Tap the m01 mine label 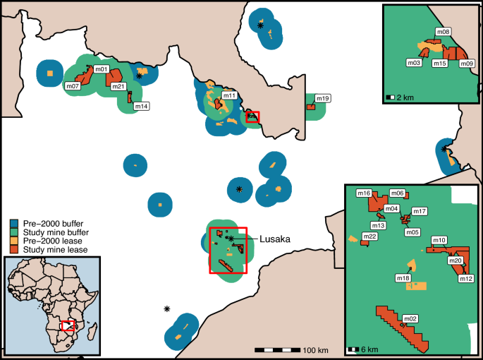point(102,69)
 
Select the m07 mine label point(72,86)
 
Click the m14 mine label point(141,107)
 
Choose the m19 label point(323,98)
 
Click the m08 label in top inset point(444,32)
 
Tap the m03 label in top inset point(414,63)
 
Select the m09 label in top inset point(466,64)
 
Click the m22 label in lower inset point(369,236)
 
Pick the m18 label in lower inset point(403,279)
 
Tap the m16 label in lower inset point(365,193)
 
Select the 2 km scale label point(403,96)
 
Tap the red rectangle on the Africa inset point(68,325)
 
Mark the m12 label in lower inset point(465,279)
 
